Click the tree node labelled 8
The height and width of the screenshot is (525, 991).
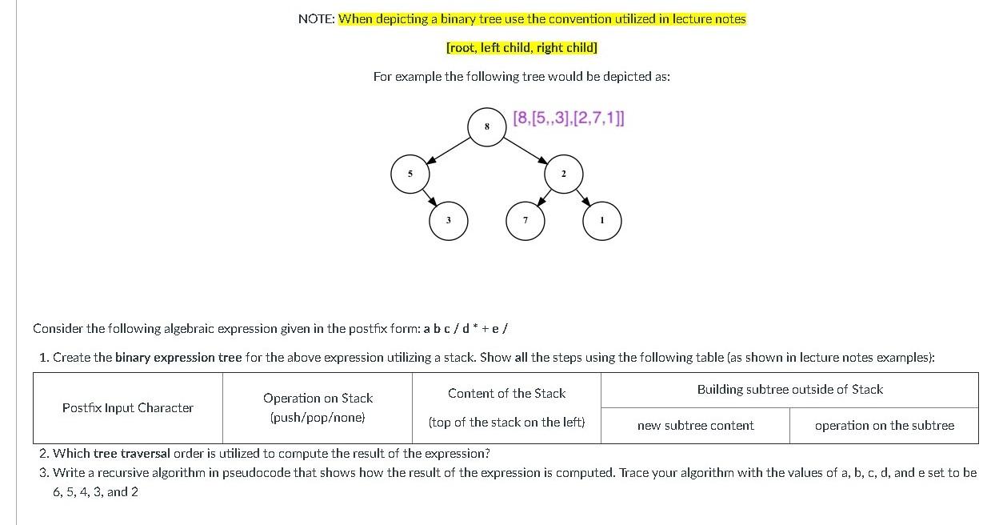[x=487, y=127]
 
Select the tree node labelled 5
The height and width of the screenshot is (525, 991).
[x=410, y=174]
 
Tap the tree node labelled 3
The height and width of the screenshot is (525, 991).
[x=449, y=221]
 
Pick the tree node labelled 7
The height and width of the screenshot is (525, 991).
[x=525, y=221]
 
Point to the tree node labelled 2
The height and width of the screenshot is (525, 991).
[x=564, y=174]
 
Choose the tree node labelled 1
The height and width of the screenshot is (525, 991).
[x=601, y=221]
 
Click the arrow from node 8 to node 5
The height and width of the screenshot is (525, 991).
[x=449, y=150]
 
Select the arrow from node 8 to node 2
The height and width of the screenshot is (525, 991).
[x=525, y=150]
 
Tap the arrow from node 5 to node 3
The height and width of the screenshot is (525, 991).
[x=430, y=198]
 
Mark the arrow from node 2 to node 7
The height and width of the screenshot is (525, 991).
[x=545, y=198]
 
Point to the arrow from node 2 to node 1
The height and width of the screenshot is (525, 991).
[x=583, y=198]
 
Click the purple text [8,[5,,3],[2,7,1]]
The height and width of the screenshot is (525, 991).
[x=568, y=118]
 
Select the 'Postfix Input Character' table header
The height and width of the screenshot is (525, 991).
[x=128, y=407]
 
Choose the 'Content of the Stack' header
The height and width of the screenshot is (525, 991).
[x=506, y=393]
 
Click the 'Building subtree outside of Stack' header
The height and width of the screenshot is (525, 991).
[x=789, y=389]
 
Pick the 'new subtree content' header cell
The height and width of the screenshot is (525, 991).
[x=695, y=425]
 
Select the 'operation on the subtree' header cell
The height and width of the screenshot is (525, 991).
[x=884, y=425]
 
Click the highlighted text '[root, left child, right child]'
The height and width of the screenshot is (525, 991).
[x=521, y=47]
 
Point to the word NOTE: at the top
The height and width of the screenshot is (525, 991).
[x=317, y=18]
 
